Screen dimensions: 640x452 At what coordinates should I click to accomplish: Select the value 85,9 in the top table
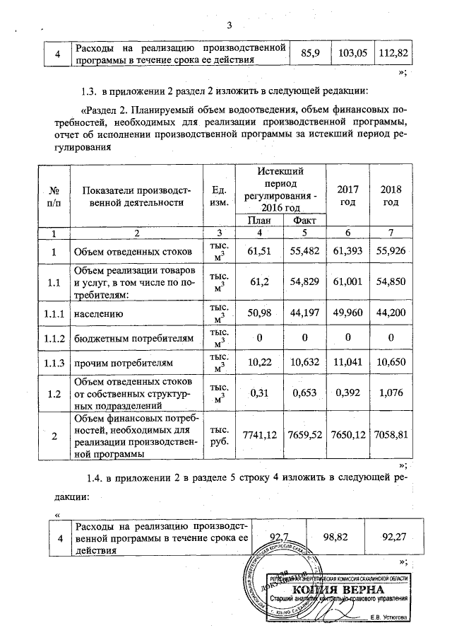coord(311,54)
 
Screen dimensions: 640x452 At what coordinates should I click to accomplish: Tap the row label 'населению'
coord(100,309)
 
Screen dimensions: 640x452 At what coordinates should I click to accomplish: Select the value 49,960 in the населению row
coord(347,309)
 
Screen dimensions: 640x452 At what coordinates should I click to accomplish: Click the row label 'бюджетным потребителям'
coord(131,337)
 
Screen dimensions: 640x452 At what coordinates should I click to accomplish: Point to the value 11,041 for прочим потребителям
coord(347,363)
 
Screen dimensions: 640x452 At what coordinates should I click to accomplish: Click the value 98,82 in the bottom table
coord(337,538)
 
